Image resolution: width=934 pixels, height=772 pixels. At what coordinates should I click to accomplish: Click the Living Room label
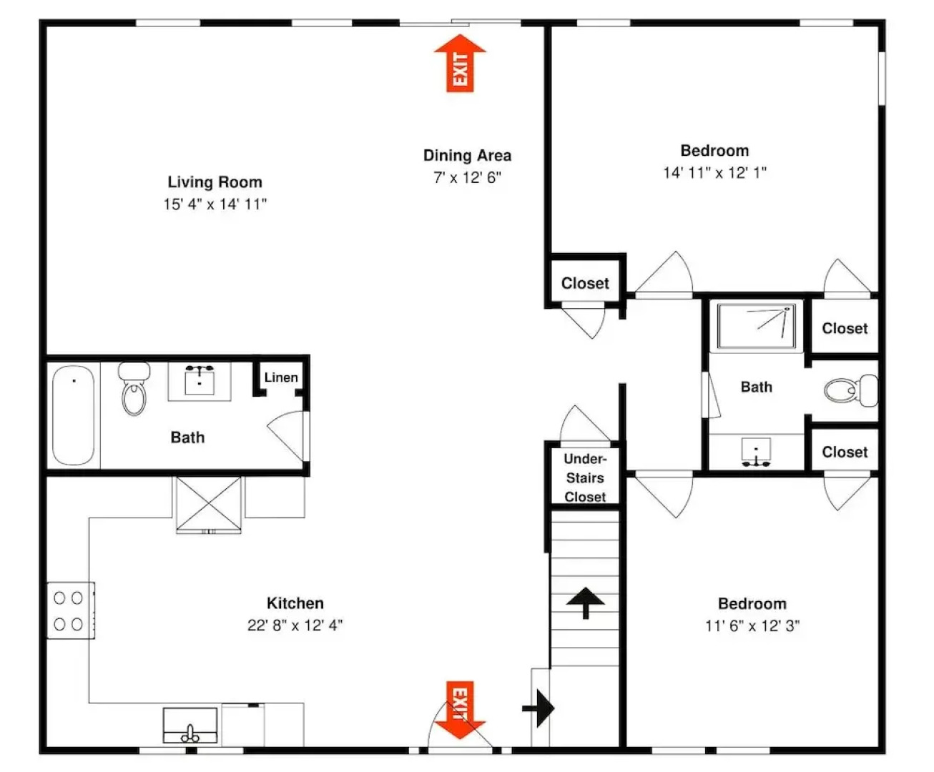[215, 182]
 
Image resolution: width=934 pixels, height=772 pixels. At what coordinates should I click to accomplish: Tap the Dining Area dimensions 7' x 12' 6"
[467, 177]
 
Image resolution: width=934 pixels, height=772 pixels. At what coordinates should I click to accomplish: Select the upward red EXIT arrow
[460, 63]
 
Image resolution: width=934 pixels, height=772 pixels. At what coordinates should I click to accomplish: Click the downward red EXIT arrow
[460, 711]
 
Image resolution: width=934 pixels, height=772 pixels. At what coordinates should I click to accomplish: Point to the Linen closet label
[281, 377]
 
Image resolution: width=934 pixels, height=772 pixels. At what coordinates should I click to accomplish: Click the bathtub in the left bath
[74, 415]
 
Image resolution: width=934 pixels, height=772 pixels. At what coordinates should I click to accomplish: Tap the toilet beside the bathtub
[134, 388]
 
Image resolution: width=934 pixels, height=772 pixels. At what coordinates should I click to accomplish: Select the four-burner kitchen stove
[71, 610]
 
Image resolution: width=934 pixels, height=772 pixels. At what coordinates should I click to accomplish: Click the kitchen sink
[190, 725]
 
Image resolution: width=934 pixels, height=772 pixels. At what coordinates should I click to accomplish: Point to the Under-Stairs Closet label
[585, 478]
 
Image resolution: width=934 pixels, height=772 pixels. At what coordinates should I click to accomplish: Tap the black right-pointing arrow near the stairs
[539, 708]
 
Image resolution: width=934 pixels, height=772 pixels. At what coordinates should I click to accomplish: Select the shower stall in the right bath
[756, 326]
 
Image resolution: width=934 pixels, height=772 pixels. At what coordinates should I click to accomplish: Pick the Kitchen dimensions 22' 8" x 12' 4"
[295, 625]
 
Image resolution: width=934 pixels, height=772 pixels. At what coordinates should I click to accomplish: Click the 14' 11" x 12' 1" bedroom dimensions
[715, 172]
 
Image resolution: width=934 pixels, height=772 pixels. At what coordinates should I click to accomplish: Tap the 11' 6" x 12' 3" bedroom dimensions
[752, 625]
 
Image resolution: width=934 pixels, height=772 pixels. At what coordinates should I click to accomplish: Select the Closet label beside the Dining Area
[585, 283]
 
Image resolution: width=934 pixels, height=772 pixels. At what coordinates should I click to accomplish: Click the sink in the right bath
[756, 452]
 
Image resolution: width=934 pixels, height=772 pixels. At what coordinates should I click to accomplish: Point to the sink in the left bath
[200, 380]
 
